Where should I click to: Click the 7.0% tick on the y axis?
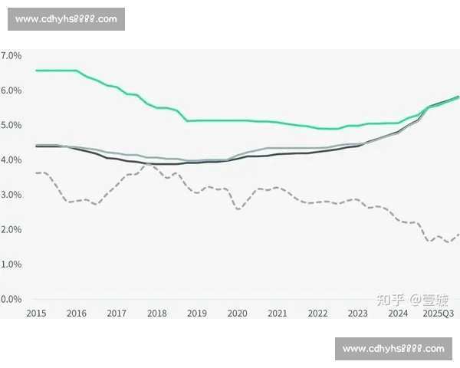click(x=11, y=56)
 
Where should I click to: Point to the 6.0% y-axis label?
click(x=11, y=90)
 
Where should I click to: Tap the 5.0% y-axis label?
click(x=11, y=125)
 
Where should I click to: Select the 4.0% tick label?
click(x=11, y=159)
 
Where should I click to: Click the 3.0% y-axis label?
click(x=11, y=195)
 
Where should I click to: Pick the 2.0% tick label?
click(x=11, y=229)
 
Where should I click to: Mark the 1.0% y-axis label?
click(x=11, y=264)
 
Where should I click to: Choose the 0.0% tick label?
click(x=11, y=299)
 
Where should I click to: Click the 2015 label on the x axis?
click(x=35, y=314)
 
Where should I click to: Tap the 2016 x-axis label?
click(x=76, y=314)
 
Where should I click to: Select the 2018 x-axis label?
click(x=156, y=314)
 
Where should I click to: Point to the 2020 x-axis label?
click(x=237, y=314)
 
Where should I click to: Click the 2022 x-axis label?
click(x=317, y=314)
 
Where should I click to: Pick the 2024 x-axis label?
click(x=397, y=314)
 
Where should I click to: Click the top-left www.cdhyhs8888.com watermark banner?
click(x=67, y=19)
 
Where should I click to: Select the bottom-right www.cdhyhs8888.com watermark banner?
click(x=393, y=349)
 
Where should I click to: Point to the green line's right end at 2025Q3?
click(x=458, y=97)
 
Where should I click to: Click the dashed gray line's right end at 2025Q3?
click(x=458, y=235)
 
